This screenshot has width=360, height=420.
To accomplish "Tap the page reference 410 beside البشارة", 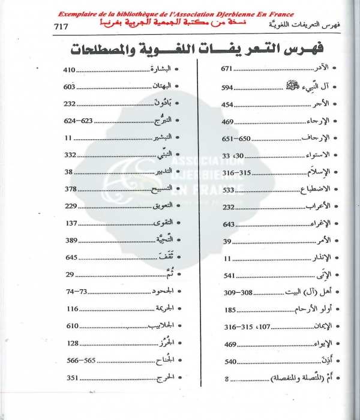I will click(x=70, y=70).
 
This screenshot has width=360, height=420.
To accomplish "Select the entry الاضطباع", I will click(x=311, y=190).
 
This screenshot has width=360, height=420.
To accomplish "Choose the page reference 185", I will click(x=230, y=310).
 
